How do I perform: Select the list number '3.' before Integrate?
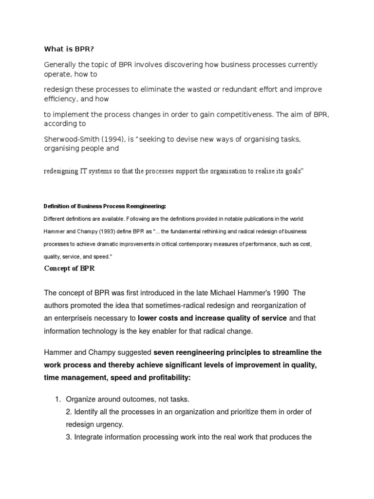(x=68, y=437)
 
